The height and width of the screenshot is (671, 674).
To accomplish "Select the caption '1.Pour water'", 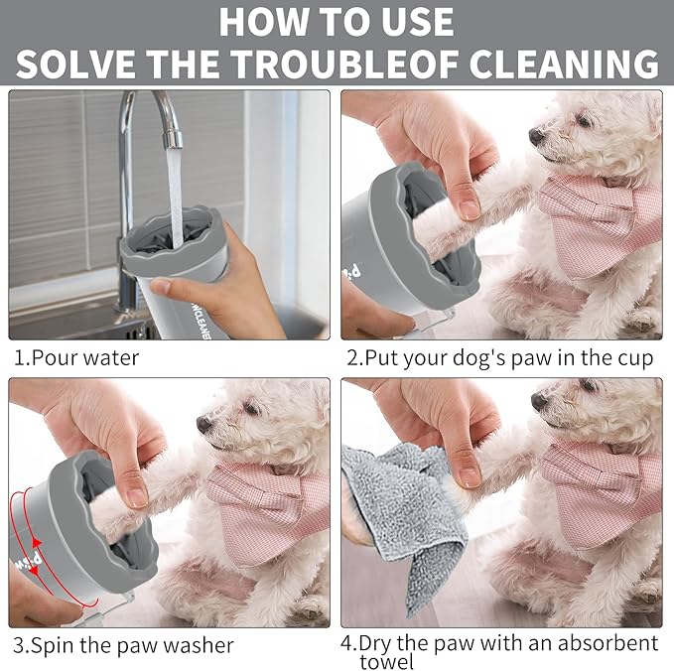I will click(x=76, y=357).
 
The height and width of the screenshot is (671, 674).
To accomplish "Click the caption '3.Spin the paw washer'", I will click(x=121, y=644).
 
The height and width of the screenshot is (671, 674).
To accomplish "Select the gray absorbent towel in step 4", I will click(x=397, y=516).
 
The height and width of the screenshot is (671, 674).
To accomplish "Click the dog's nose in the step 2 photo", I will click(x=535, y=135).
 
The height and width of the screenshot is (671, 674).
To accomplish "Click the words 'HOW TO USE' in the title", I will click(x=337, y=21).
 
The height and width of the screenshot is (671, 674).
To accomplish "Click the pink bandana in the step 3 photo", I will click(x=268, y=506).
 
